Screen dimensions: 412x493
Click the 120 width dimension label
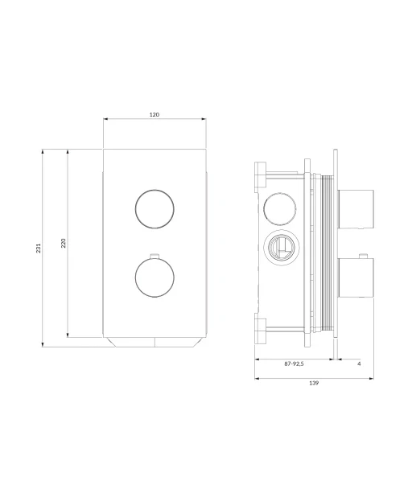pyautogui.click(x=154, y=114)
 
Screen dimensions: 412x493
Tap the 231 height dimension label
pyautogui.click(x=39, y=248)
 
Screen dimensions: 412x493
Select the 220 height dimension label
pyautogui.click(x=64, y=243)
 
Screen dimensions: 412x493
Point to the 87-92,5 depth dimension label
pyautogui.click(x=294, y=364)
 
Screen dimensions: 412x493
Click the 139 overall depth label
pyautogui.click(x=314, y=383)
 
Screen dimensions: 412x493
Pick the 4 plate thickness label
pyautogui.click(x=359, y=364)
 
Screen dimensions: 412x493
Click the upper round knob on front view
pyautogui.click(x=154, y=209)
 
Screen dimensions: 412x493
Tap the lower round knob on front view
pyautogui.click(x=154, y=277)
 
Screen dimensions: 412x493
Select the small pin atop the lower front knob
pyautogui.click(x=154, y=256)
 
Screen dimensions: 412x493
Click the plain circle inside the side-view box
pyautogui.click(x=279, y=209)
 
